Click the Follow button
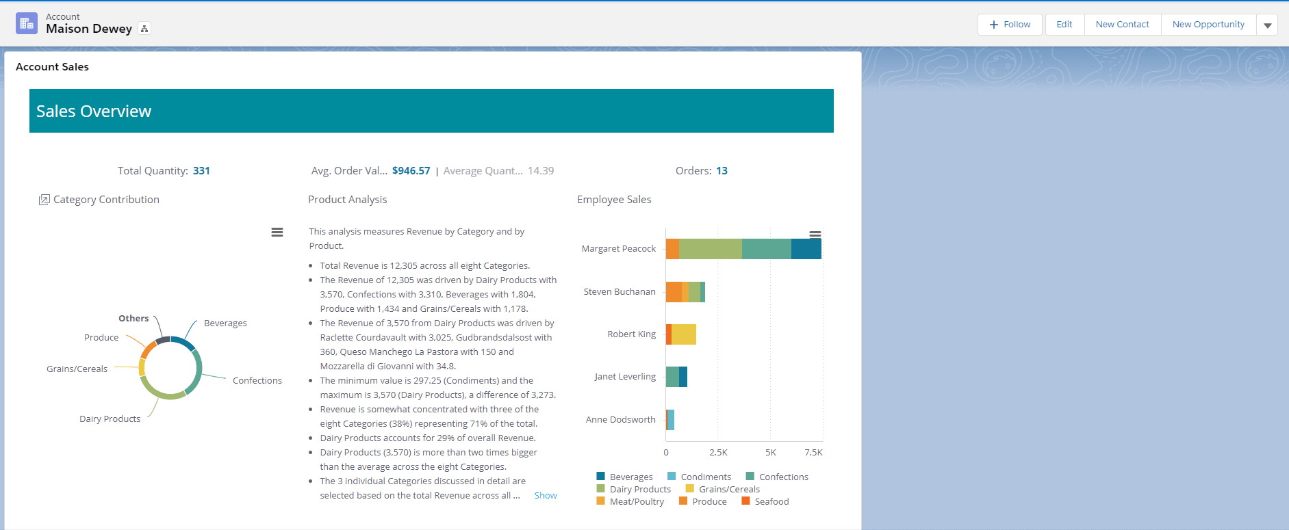click(x=1010, y=25)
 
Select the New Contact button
click(x=1123, y=25)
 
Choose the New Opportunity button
click(x=1208, y=25)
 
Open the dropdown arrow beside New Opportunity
click(x=1267, y=25)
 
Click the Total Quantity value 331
click(x=201, y=171)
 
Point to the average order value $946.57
click(x=411, y=171)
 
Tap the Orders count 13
click(x=722, y=171)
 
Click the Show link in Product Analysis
click(x=546, y=496)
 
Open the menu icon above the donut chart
click(x=277, y=233)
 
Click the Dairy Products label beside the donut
click(x=110, y=419)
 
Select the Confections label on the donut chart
click(x=257, y=381)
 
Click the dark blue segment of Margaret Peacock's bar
click(x=806, y=249)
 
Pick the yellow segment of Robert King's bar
click(x=684, y=334)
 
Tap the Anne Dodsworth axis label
click(x=621, y=420)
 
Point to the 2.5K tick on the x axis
click(x=718, y=453)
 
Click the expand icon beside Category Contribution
click(x=44, y=200)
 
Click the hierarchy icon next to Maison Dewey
click(x=144, y=29)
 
